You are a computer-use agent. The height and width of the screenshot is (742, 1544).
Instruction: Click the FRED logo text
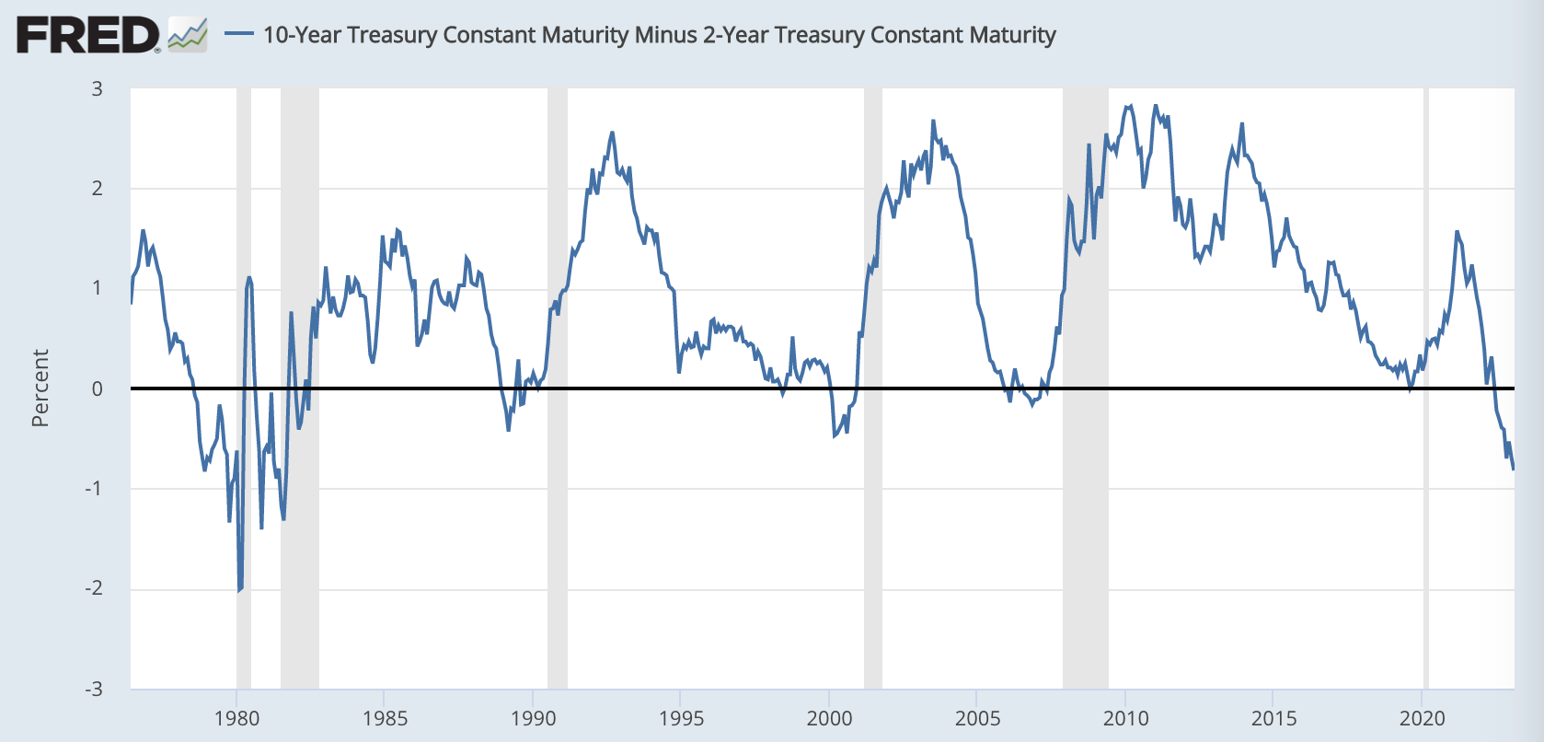(87, 36)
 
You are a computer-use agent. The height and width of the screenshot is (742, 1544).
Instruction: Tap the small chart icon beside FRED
(188, 36)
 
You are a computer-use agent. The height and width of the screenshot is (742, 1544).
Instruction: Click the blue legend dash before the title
(239, 35)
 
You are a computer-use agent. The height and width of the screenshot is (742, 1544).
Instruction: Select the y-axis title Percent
(40, 388)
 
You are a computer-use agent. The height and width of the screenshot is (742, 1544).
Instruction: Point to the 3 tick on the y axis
(97, 89)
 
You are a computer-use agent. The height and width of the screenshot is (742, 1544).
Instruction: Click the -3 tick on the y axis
(94, 689)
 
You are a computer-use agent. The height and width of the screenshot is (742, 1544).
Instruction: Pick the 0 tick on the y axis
(97, 388)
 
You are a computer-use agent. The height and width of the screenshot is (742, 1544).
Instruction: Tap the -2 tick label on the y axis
(94, 588)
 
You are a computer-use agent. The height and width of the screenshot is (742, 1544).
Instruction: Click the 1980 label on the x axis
(236, 718)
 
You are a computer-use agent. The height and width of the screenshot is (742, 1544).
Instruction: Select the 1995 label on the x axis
(681, 718)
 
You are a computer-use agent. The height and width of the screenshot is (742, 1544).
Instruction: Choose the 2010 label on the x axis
(1125, 718)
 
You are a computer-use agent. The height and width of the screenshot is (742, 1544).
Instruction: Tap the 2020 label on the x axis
(1422, 718)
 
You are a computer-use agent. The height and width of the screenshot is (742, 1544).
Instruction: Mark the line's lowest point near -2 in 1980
(239, 590)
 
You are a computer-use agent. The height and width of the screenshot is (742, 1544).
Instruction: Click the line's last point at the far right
(1514, 470)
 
